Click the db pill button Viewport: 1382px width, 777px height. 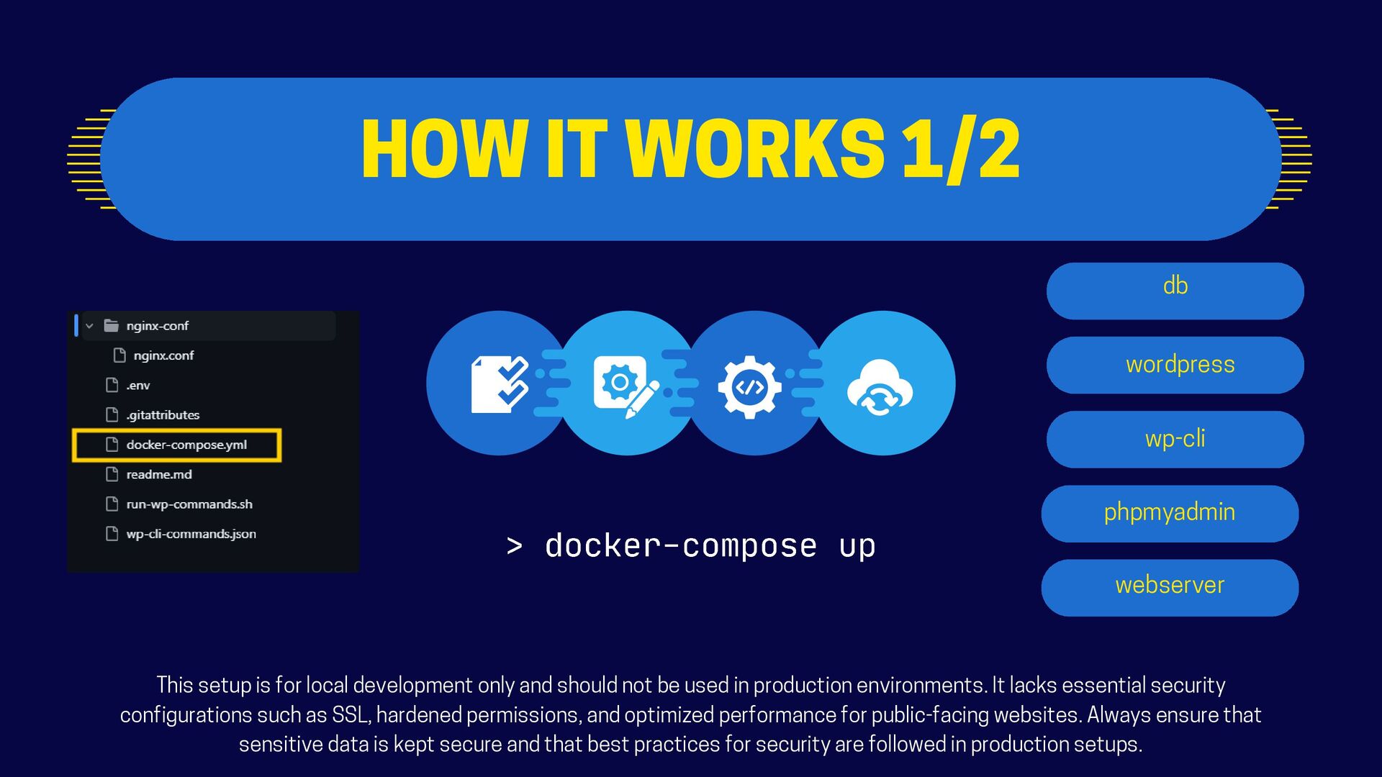pyautogui.click(x=1175, y=291)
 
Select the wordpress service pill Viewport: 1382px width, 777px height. pyautogui.click(x=1175, y=365)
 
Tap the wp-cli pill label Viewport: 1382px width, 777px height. pyautogui.click(x=1175, y=439)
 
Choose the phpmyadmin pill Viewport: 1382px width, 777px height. pyautogui.click(x=1170, y=513)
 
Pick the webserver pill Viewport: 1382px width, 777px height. pyautogui.click(x=1170, y=587)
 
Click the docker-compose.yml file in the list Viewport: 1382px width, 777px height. pyautogui.click(x=186, y=445)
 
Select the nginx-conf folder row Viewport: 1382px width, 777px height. pyautogui.click(x=157, y=326)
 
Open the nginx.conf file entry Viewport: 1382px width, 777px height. pyautogui.click(x=163, y=355)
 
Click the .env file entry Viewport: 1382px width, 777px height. pyautogui.click(x=137, y=386)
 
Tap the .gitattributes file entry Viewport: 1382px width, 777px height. pyautogui.click(x=163, y=415)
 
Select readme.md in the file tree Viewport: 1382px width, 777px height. pyautogui.click(x=158, y=475)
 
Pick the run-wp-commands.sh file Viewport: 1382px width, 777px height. pyautogui.click(x=189, y=504)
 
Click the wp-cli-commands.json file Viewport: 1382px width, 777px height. pyautogui.click(x=191, y=534)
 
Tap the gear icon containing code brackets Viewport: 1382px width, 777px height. pyautogui.click(x=749, y=386)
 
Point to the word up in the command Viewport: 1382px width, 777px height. pyautogui.click(x=857, y=546)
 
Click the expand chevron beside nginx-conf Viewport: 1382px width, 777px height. pyautogui.click(x=89, y=326)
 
